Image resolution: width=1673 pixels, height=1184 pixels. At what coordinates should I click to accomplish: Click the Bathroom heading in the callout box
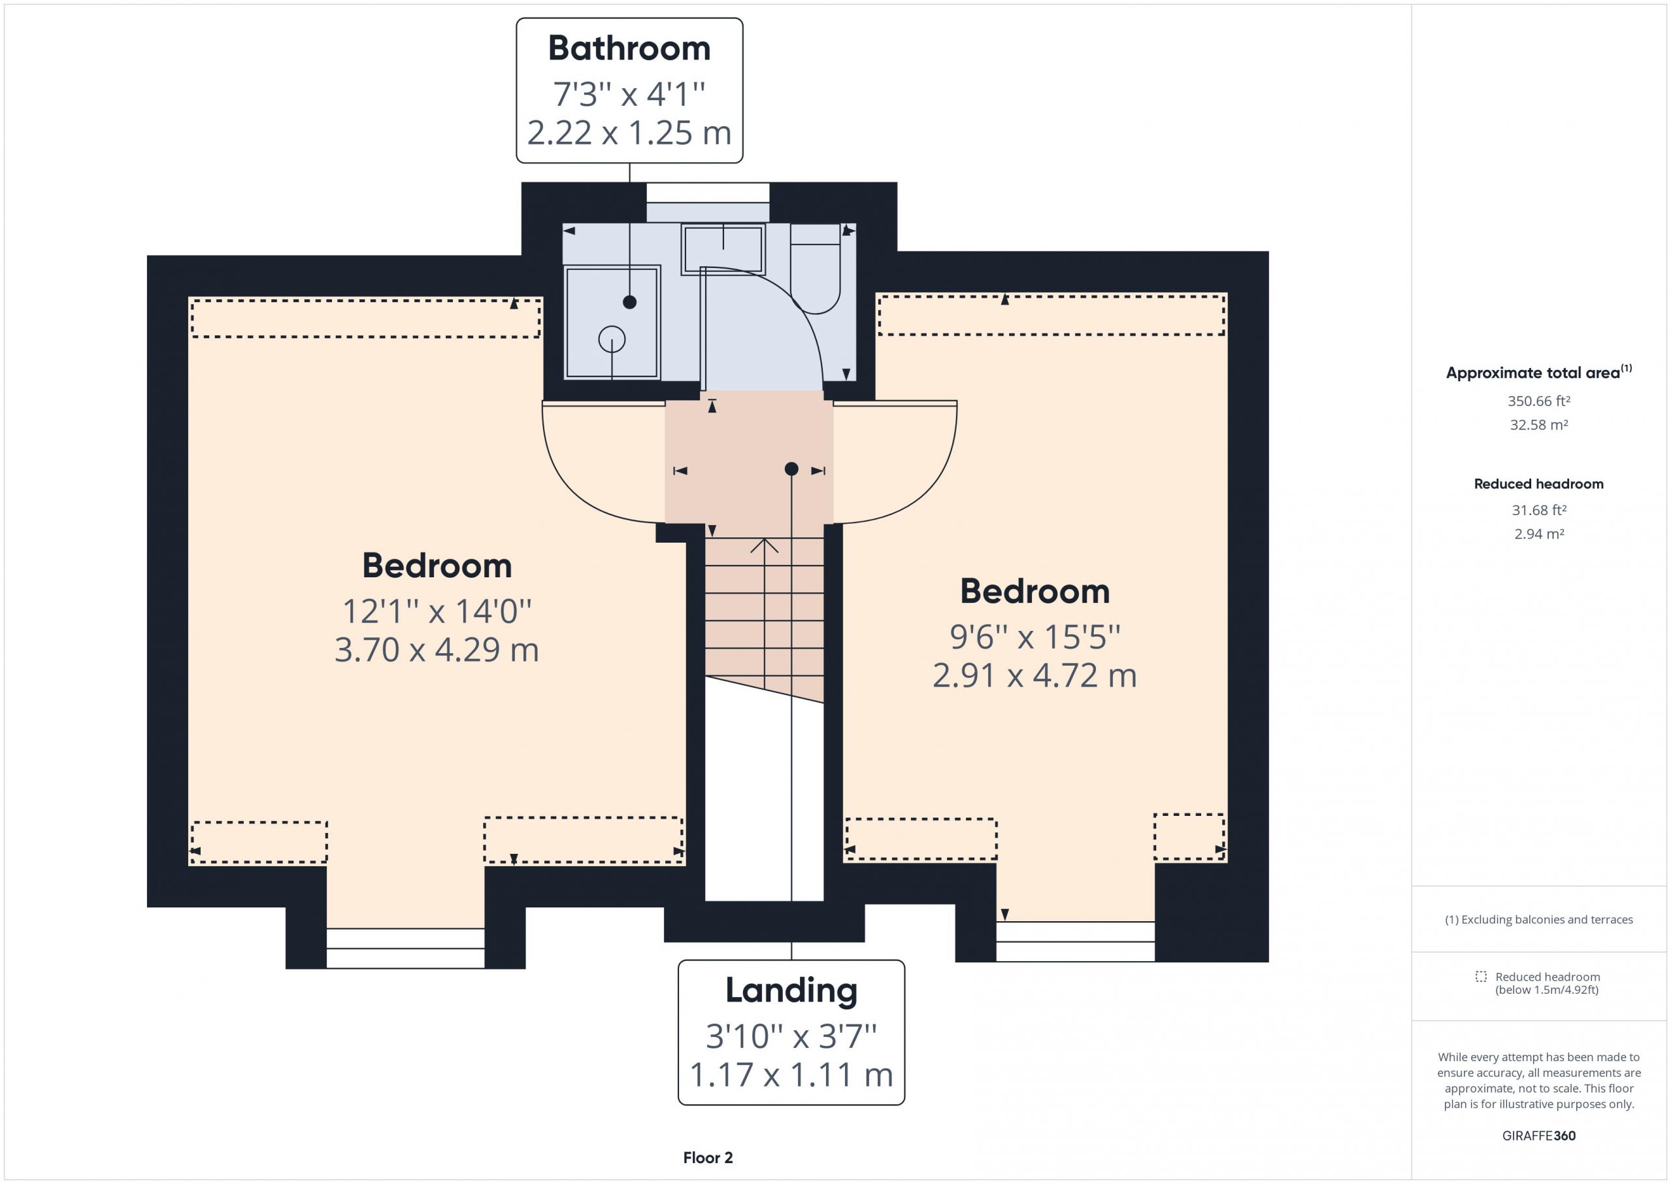click(629, 49)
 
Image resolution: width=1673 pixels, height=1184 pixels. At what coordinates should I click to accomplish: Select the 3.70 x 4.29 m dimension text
click(437, 650)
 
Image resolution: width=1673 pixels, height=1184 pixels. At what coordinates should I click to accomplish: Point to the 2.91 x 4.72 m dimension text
click(1035, 675)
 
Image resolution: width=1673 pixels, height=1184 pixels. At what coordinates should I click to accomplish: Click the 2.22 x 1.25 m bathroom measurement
click(629, 133)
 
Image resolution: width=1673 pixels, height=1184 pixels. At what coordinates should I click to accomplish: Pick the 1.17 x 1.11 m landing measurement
click(791, 1075)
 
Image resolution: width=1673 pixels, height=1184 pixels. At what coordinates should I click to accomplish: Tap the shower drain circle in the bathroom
click(612, 339)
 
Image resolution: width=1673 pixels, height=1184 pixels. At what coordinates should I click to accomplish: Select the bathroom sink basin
click(723, 249)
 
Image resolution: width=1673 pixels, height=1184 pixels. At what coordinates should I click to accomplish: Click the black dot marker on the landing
click(791, 469)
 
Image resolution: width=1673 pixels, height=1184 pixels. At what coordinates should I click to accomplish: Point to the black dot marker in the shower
click(629, 302)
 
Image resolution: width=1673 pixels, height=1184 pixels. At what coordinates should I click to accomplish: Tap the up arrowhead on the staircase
click(765, 545)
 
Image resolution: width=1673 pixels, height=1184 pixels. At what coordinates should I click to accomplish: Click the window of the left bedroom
click(405, 948)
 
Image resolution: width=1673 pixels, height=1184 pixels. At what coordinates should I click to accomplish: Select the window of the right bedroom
click(1076, 941)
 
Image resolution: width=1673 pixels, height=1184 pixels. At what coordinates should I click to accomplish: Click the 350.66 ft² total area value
click(1539, 401)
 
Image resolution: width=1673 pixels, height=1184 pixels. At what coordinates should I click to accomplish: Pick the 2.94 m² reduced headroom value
click(1539, 533)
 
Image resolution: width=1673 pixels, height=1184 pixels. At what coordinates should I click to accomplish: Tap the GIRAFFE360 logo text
click(1539, 1135)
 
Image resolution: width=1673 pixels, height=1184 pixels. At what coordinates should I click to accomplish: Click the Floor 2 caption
click(708, 1158)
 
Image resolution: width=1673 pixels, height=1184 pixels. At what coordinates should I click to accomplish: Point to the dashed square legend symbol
click(1481, 976)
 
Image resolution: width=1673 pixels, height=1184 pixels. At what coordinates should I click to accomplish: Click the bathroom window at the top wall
click(708, 203)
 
